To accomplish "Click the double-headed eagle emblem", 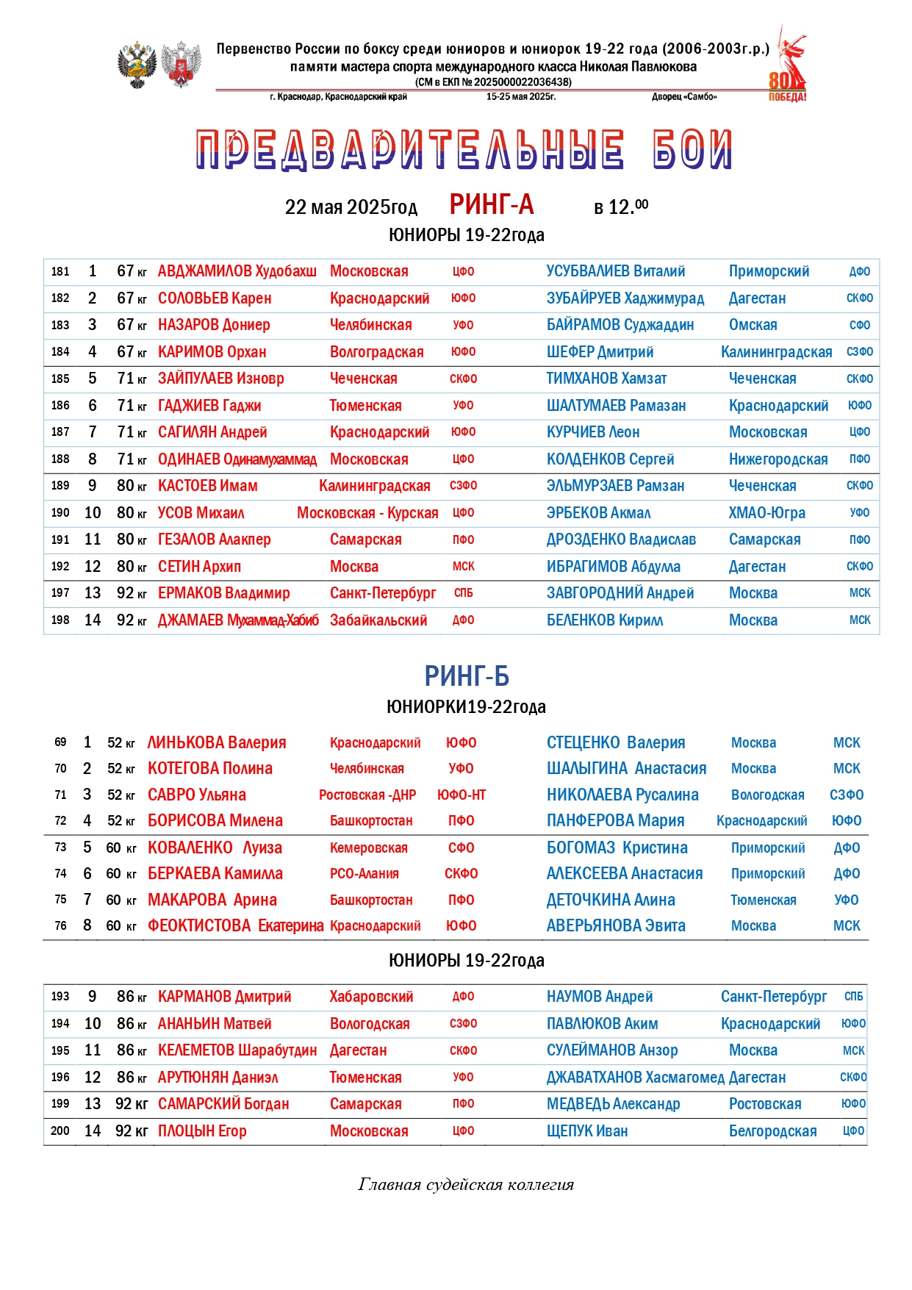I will pos(137,65).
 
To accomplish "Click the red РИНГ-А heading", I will pos(492,204).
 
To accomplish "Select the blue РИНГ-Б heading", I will pos(467,676).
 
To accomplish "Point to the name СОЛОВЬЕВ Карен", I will pos(215,298).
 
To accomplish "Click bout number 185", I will pos(60,379).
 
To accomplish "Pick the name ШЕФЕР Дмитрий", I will pos(600,352).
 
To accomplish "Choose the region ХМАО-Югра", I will pos(766,513).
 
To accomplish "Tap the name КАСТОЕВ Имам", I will pos(208,486).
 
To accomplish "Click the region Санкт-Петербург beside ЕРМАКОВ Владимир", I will pos(383,593).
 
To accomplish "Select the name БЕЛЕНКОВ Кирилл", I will pos(605,620).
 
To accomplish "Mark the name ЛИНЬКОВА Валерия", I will pos(217,742).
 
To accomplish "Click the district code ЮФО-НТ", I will pos(462,795).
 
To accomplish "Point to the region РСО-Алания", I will pos(365,874).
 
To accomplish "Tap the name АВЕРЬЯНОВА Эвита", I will pos(616,926).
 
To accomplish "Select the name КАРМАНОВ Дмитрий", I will pos(225,997).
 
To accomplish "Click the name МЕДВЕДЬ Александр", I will pos(614,1104).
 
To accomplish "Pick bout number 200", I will pos(60,1131).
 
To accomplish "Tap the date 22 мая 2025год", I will pos(351,207).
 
